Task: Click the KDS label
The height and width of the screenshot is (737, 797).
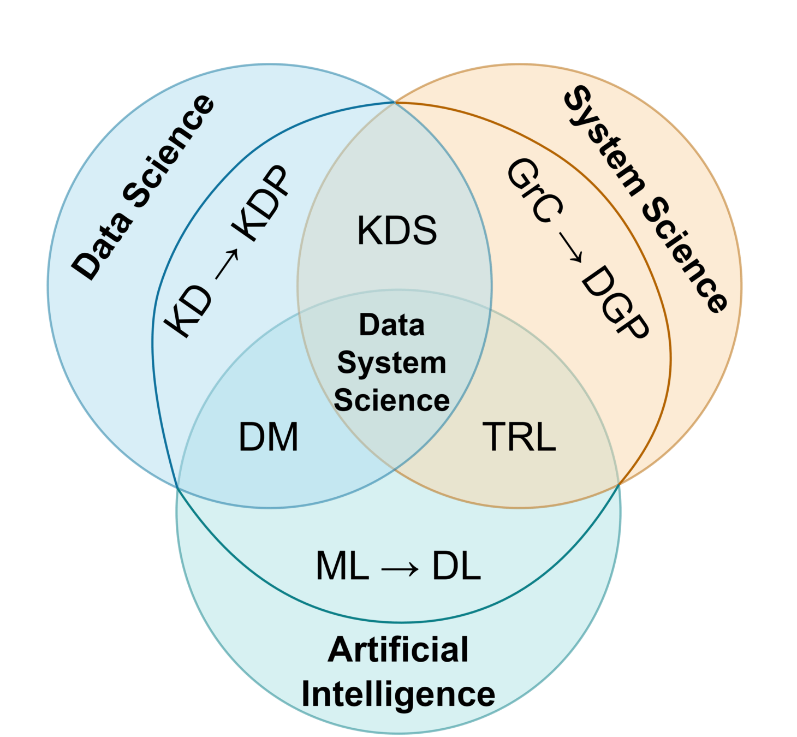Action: click(x=397, y=230)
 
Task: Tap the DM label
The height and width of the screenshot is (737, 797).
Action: click(x=269, y=437)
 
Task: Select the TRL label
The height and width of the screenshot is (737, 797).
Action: click(x=519, y=437)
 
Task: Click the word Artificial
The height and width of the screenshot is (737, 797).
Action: click(x=398, y=650)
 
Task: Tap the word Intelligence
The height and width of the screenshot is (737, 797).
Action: click(x=398, y=694)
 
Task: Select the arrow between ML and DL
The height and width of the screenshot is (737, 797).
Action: click(x=400, y=569)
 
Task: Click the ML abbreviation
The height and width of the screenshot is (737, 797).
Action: click(x=342, y=566)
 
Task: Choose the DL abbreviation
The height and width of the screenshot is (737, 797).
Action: click(x=456, y=566)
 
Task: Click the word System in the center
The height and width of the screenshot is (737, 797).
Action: click(x=391, y=363)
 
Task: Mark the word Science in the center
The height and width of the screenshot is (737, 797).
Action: click(x=391, y=400)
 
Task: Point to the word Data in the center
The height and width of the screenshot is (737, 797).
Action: click(x=391, y=325)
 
